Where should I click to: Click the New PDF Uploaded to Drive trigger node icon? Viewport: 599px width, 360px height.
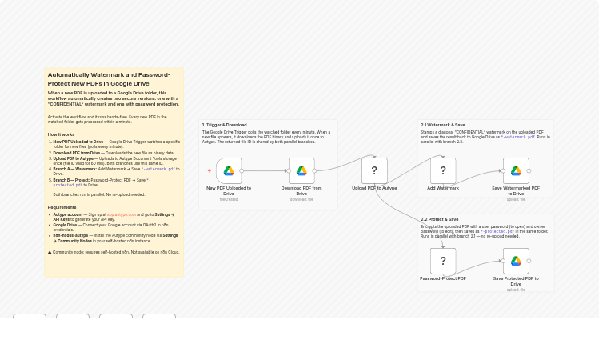coord(229,170)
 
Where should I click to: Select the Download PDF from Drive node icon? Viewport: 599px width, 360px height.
coord(301,170)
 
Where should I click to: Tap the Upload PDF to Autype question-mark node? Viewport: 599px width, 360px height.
coord(374,170)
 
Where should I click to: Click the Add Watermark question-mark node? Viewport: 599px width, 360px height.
coord(443,170)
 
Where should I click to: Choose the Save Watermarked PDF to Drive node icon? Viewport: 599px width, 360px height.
coord(516,170)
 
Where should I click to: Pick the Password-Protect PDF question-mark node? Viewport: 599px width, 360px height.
coord(443,261)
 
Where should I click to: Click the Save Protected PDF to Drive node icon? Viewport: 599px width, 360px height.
coord(516,261)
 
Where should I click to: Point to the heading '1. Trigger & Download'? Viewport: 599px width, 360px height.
coord(225,125)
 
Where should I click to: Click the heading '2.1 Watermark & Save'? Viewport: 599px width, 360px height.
coord(443,125)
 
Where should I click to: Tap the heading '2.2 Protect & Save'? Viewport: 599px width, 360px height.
coord(440,219)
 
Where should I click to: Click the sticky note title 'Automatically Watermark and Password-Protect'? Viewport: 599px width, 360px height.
coord(109,78)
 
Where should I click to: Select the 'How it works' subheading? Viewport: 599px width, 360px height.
coord(61,134)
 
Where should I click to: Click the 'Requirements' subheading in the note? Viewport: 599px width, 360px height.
coord(62,207)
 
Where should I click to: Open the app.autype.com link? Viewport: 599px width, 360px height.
coord(121,214)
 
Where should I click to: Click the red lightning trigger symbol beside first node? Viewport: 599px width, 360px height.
coord(210,170)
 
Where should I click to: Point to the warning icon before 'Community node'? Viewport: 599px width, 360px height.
coord(50,252)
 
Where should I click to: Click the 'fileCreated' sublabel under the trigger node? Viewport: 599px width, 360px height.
coord(229,199)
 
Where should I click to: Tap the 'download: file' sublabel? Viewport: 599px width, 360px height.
coord(301,199)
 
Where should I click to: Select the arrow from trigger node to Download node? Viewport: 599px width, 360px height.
coord(266,170)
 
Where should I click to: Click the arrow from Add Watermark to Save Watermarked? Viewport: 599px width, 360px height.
coord(480,170)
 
